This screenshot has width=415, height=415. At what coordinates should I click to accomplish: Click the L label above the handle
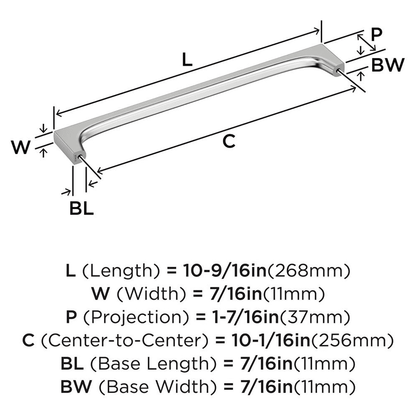[187, 61]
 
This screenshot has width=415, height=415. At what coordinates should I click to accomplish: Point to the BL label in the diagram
[81, 208]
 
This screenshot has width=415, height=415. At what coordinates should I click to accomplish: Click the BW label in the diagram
[387, 65]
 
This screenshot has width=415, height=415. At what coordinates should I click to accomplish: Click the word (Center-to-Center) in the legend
[125, 341]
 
